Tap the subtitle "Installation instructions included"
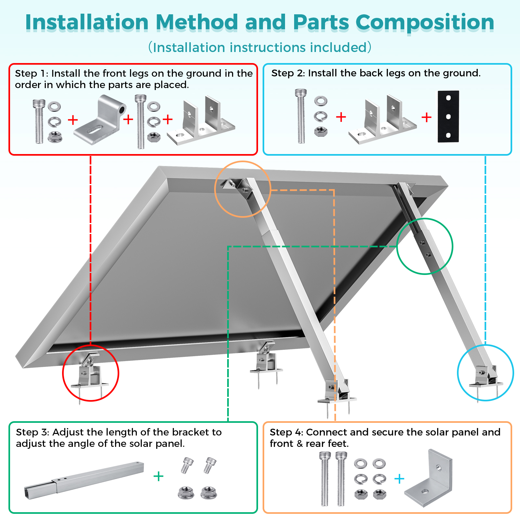260,47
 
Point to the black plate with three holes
448,116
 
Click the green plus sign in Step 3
158,476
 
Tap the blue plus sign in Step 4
399,478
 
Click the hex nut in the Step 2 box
321,131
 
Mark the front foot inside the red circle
89,374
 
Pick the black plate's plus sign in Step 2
426,117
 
